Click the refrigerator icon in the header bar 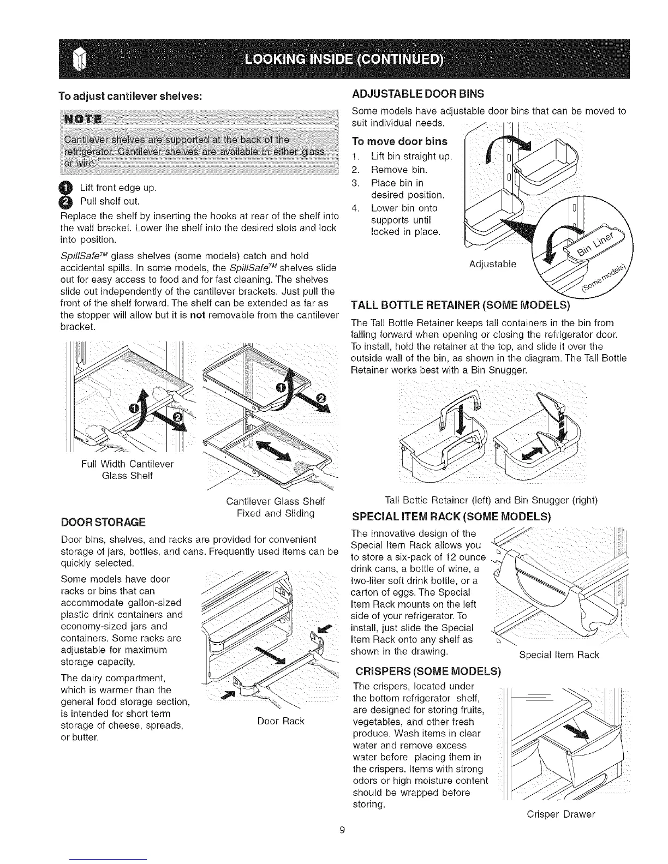click(x=80, y=59)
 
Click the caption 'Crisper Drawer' click(x=560, y=814)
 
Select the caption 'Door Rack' click(x=281, y=721)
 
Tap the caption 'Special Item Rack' click(x=559, y=655)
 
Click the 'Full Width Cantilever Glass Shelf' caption click(x=127, y=470)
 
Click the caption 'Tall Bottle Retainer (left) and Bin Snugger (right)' click(x=491, y=500)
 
